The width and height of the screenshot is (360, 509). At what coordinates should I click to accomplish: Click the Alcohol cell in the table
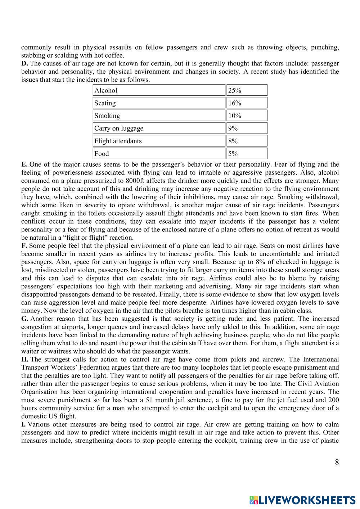159,90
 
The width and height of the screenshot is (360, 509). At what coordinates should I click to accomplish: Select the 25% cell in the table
247,90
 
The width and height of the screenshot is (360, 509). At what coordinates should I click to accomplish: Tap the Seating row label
159,103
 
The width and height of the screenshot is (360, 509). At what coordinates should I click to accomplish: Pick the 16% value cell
247,103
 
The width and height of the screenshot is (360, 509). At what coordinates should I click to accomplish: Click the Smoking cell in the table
159,116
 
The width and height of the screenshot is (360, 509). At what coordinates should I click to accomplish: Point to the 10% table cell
247,116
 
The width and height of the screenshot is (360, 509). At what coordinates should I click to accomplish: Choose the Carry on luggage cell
159,128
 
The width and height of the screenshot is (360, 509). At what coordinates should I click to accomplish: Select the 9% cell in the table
247,128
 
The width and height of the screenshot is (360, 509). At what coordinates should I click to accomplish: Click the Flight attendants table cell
159,141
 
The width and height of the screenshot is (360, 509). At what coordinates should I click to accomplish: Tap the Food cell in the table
159,153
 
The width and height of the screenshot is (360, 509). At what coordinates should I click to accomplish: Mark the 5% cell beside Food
247,153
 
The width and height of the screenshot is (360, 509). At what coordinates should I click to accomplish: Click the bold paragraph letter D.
24,63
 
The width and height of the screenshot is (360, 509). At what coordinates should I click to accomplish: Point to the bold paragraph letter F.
24,246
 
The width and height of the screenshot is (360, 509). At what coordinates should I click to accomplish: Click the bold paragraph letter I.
23,424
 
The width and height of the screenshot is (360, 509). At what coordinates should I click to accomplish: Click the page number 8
337,462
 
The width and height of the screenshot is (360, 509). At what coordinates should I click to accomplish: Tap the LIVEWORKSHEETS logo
302,500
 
